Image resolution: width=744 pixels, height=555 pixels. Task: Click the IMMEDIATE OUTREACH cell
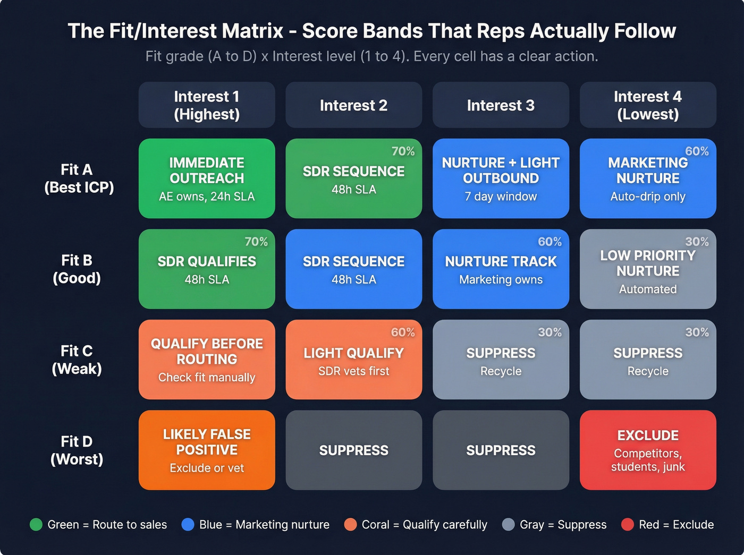point(207,178)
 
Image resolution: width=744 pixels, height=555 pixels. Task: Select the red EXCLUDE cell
point(648,450)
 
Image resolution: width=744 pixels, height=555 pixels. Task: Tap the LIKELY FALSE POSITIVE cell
point(207,450)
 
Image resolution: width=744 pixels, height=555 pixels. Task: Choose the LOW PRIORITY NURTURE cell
point(648,269)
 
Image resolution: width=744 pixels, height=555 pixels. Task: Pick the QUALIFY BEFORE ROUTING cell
point(207,360)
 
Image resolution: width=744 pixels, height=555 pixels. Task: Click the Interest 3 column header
point(501,105)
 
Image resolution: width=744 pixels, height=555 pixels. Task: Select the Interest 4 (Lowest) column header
point(648,105)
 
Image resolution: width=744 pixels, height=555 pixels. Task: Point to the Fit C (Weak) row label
point(77,360)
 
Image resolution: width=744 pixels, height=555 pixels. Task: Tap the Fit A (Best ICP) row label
point(79,178)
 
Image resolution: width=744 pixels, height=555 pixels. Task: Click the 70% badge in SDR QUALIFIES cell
point(256,242)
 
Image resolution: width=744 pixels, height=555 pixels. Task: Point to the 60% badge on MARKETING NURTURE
point(697,151)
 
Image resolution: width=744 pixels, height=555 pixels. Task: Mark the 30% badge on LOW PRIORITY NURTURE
point(697,242)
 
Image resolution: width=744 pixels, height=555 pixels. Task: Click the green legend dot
point(36,525)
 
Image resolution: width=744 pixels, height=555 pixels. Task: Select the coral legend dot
point(350,525)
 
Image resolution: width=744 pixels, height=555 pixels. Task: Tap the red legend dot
point(628,525)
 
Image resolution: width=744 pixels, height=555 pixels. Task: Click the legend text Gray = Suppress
point(563,525)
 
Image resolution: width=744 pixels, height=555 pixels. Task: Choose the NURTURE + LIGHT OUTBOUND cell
point(501,178)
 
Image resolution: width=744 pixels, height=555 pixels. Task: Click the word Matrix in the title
point(253,31)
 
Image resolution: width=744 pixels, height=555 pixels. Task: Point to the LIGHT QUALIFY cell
point(353,360)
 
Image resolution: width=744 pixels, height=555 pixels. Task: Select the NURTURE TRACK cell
point(501,269)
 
